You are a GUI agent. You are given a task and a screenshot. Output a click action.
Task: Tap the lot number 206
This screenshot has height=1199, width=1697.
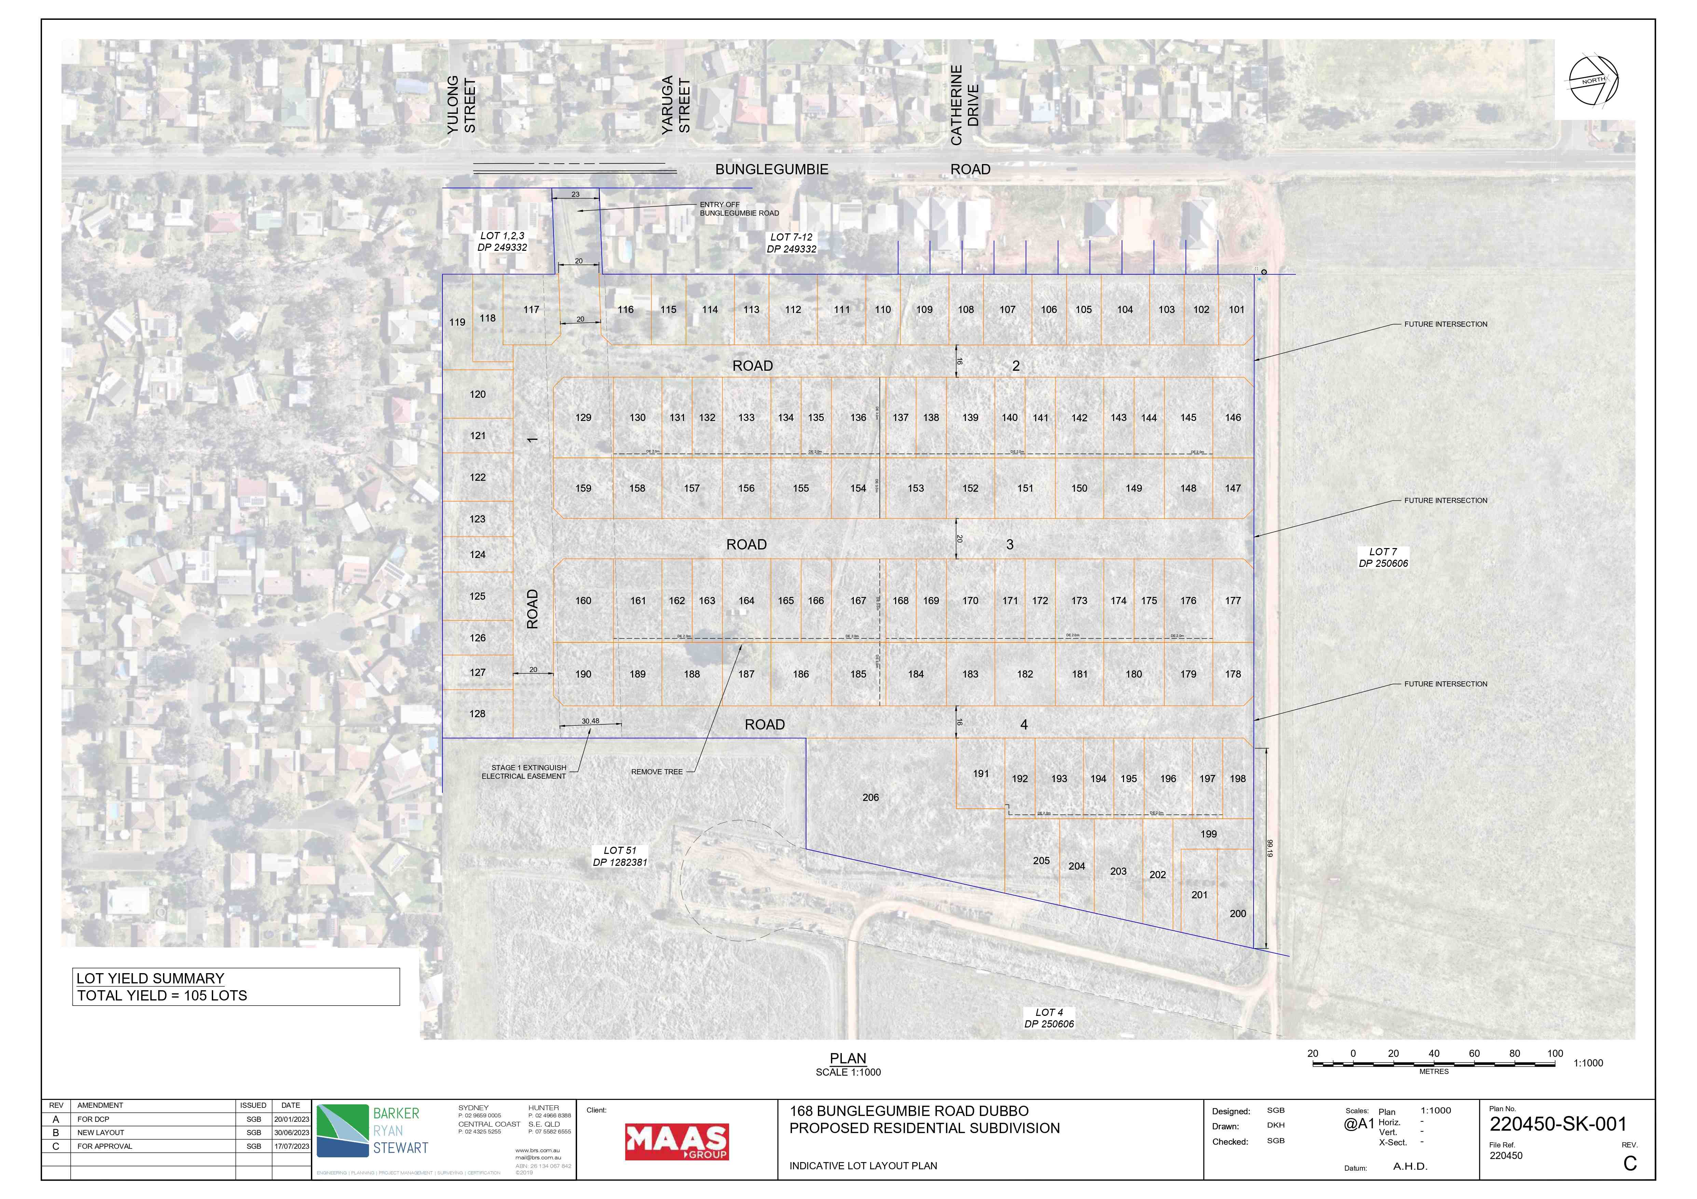coord(871,798)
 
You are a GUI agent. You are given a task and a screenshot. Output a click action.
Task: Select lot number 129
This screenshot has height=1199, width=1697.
coord(583,418)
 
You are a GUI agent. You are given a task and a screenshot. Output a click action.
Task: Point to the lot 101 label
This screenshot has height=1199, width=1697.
coord(1236,310)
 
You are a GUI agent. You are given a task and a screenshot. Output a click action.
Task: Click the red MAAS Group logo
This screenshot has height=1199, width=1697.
coord(676,1142)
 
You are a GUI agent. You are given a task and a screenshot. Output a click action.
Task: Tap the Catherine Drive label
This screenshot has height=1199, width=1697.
coord(964,105)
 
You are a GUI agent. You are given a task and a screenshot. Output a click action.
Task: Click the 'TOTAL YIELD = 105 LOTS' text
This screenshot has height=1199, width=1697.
coord(162,996)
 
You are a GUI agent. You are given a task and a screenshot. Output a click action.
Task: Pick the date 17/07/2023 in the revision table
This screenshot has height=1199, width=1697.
coord(291,1146)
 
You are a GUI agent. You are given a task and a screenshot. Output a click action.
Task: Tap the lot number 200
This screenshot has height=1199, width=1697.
coord(1238,914)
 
